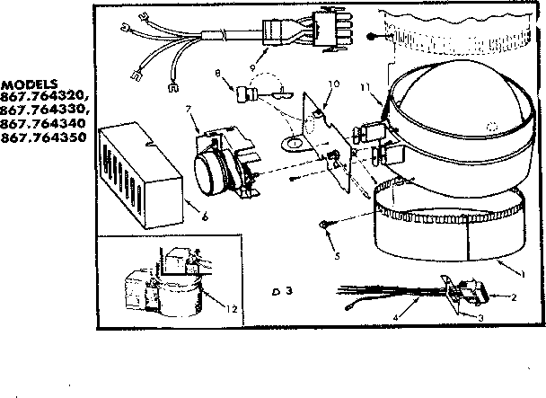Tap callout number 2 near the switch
pyautogui.click(x=515, y=296)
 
